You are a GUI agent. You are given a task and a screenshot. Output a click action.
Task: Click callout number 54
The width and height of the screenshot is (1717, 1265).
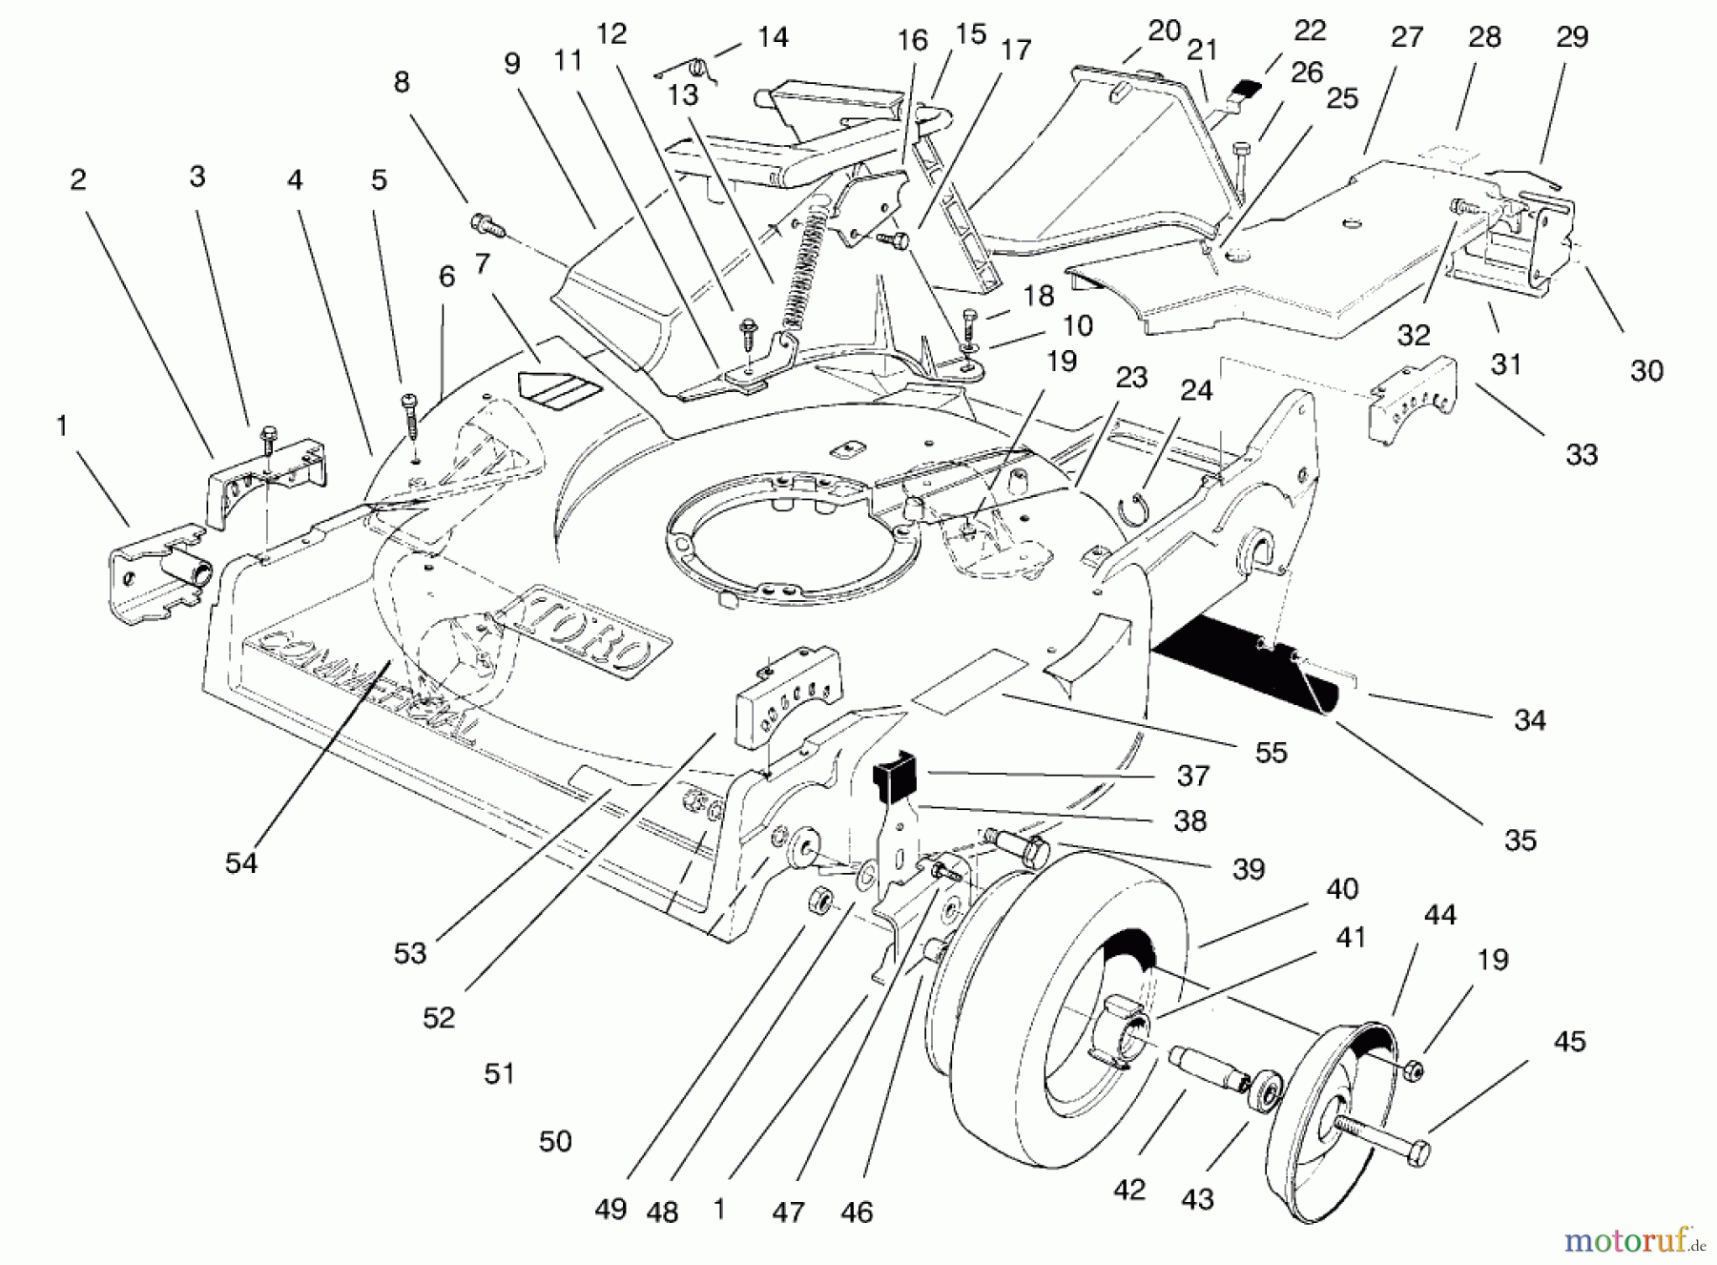[x=241, y=863]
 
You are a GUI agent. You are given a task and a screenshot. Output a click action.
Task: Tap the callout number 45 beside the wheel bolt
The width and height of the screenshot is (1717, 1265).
[x=1569, y=1041]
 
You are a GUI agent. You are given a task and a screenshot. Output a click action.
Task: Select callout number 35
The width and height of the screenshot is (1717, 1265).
[x=1520, y=840]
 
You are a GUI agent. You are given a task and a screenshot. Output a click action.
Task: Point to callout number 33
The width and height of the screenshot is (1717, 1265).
[x=1582, y=455]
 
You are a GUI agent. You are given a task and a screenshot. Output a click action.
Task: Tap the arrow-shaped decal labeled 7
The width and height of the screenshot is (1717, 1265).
[x=554, y=386]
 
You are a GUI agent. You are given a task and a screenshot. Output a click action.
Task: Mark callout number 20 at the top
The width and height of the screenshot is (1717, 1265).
[x=1164, y=31]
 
